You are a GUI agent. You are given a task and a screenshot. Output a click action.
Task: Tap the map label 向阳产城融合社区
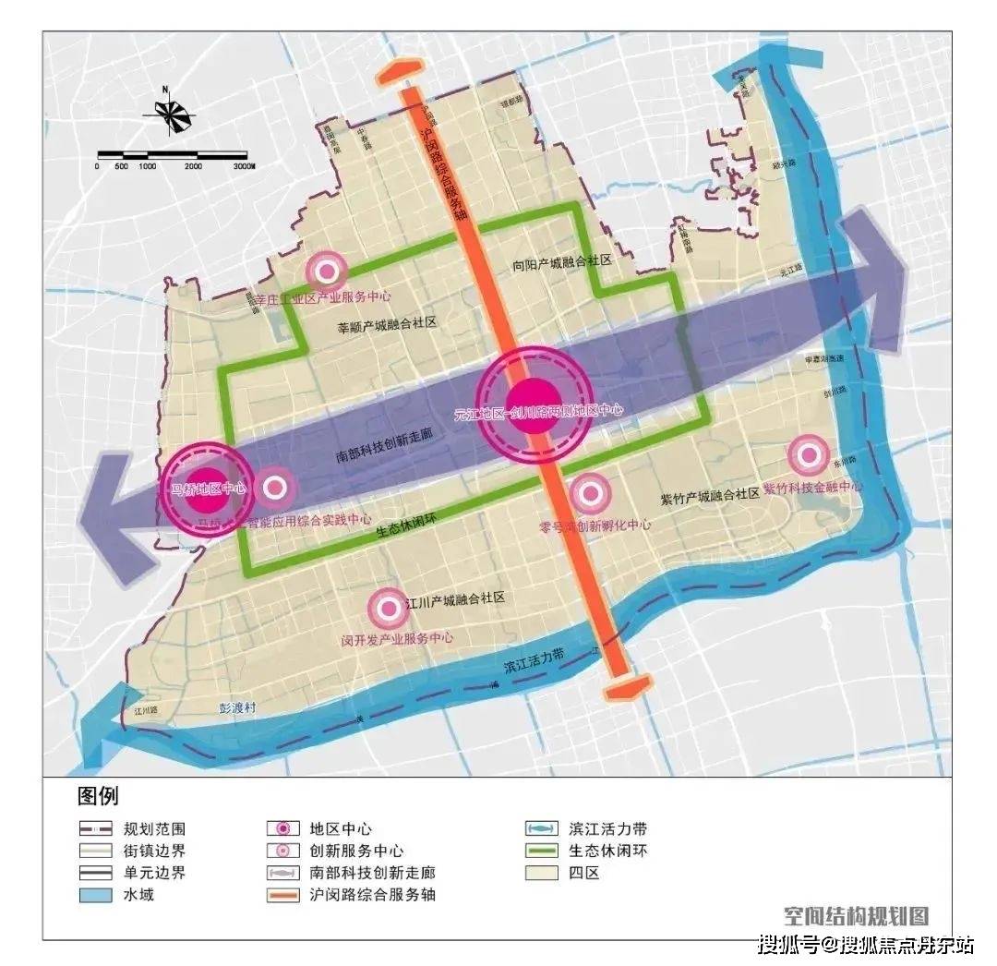point(562,262)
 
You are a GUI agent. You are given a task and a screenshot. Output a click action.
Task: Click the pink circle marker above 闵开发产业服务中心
point(387,607)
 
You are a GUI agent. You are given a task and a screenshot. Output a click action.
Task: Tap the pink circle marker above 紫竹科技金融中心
point(810,453)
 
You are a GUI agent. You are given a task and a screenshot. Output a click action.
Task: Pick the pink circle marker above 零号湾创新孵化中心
point(591,494)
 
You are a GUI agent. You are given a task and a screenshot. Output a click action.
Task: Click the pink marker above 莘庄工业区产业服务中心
point(326,271)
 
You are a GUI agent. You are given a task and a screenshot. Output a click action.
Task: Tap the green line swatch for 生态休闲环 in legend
point(538,851)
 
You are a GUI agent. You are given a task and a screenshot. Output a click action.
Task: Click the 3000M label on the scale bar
point(244,166)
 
